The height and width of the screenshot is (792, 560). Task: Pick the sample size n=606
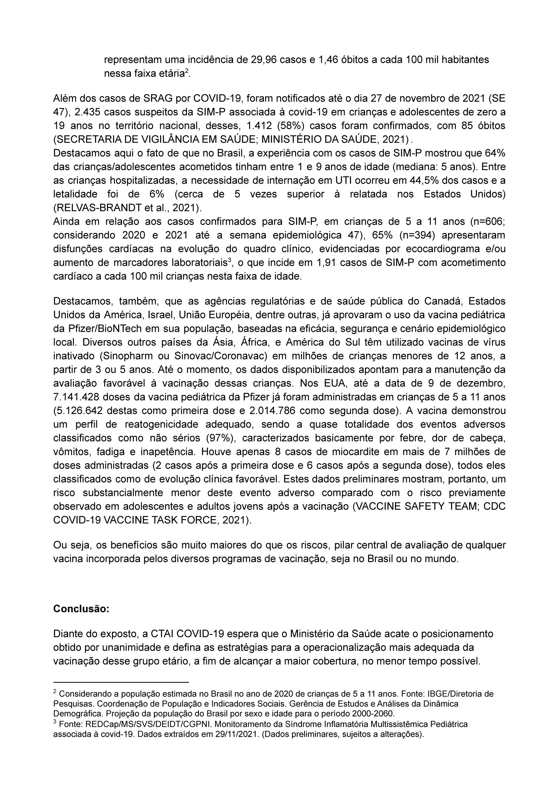(486, 222)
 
